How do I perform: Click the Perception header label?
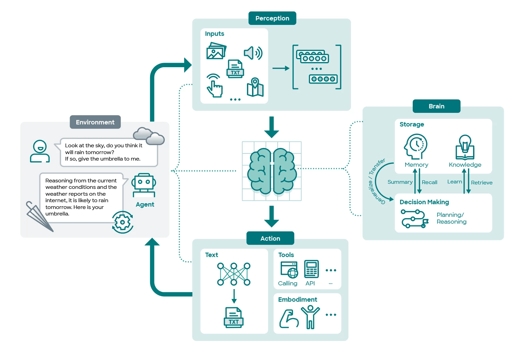(x=272, y=18)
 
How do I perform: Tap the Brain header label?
(x=436, y=106)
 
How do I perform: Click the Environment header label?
(x=95, y=122)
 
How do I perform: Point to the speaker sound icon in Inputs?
(x=253, y=53)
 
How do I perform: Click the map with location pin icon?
(x=255, y=87)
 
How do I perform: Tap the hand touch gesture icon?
(x=215, y=86)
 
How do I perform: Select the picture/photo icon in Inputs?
(x=216, y=51)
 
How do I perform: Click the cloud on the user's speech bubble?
(x=149, y=136)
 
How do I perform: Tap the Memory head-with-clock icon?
(x=416, y=146)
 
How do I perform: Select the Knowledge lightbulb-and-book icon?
(x=465, y=147)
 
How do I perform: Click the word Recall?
(x=429, y=182)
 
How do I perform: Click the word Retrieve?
(x=482, y=183)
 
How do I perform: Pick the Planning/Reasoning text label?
(x=451, y=218)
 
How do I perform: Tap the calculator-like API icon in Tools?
(x=311, y=269)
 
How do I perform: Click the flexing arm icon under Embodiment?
(x=289, y=319)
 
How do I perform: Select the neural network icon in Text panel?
(x=234, y=274)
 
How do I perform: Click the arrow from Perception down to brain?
(x=272, y=127)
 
